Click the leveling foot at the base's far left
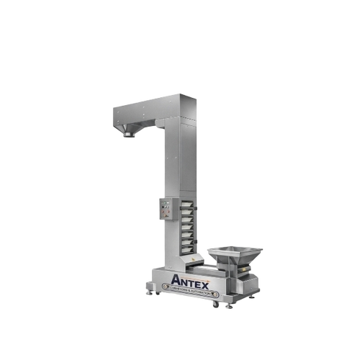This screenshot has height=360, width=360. pyautogui.click(x=149, y=291)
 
